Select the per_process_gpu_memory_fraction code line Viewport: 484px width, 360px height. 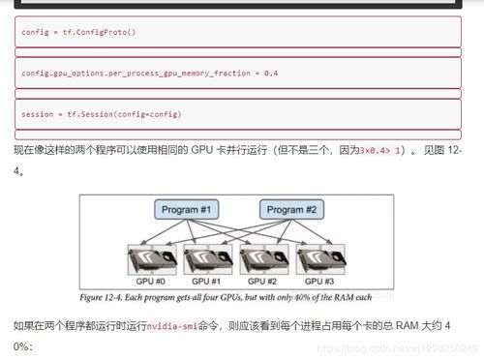(149, 74)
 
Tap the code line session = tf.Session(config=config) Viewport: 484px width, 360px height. (101, 114)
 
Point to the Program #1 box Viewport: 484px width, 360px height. (187, 210)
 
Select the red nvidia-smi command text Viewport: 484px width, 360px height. (176, 328)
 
